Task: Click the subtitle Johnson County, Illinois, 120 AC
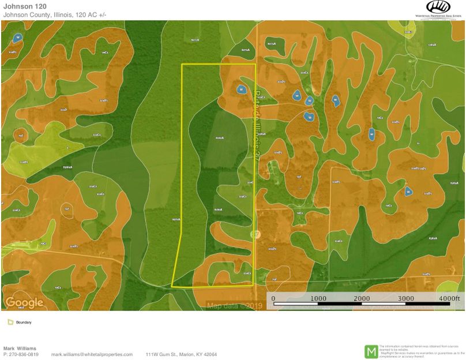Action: tap(55, 14)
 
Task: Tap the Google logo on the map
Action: tap(24, 302)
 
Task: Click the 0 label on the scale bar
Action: tap(273, 298)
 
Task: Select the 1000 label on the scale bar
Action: tap(318, 298)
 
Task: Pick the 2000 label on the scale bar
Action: tap(362, 298)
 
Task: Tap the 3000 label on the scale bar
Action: tap(407, 298)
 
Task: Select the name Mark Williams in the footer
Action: tap(20, 348)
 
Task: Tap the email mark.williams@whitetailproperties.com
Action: tap(92, 354)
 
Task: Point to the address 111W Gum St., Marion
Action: tap(181, 354)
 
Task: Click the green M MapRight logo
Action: tap(372, 351)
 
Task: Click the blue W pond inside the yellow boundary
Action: tap(241, 89)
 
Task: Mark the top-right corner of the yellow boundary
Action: tap(255, 64)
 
